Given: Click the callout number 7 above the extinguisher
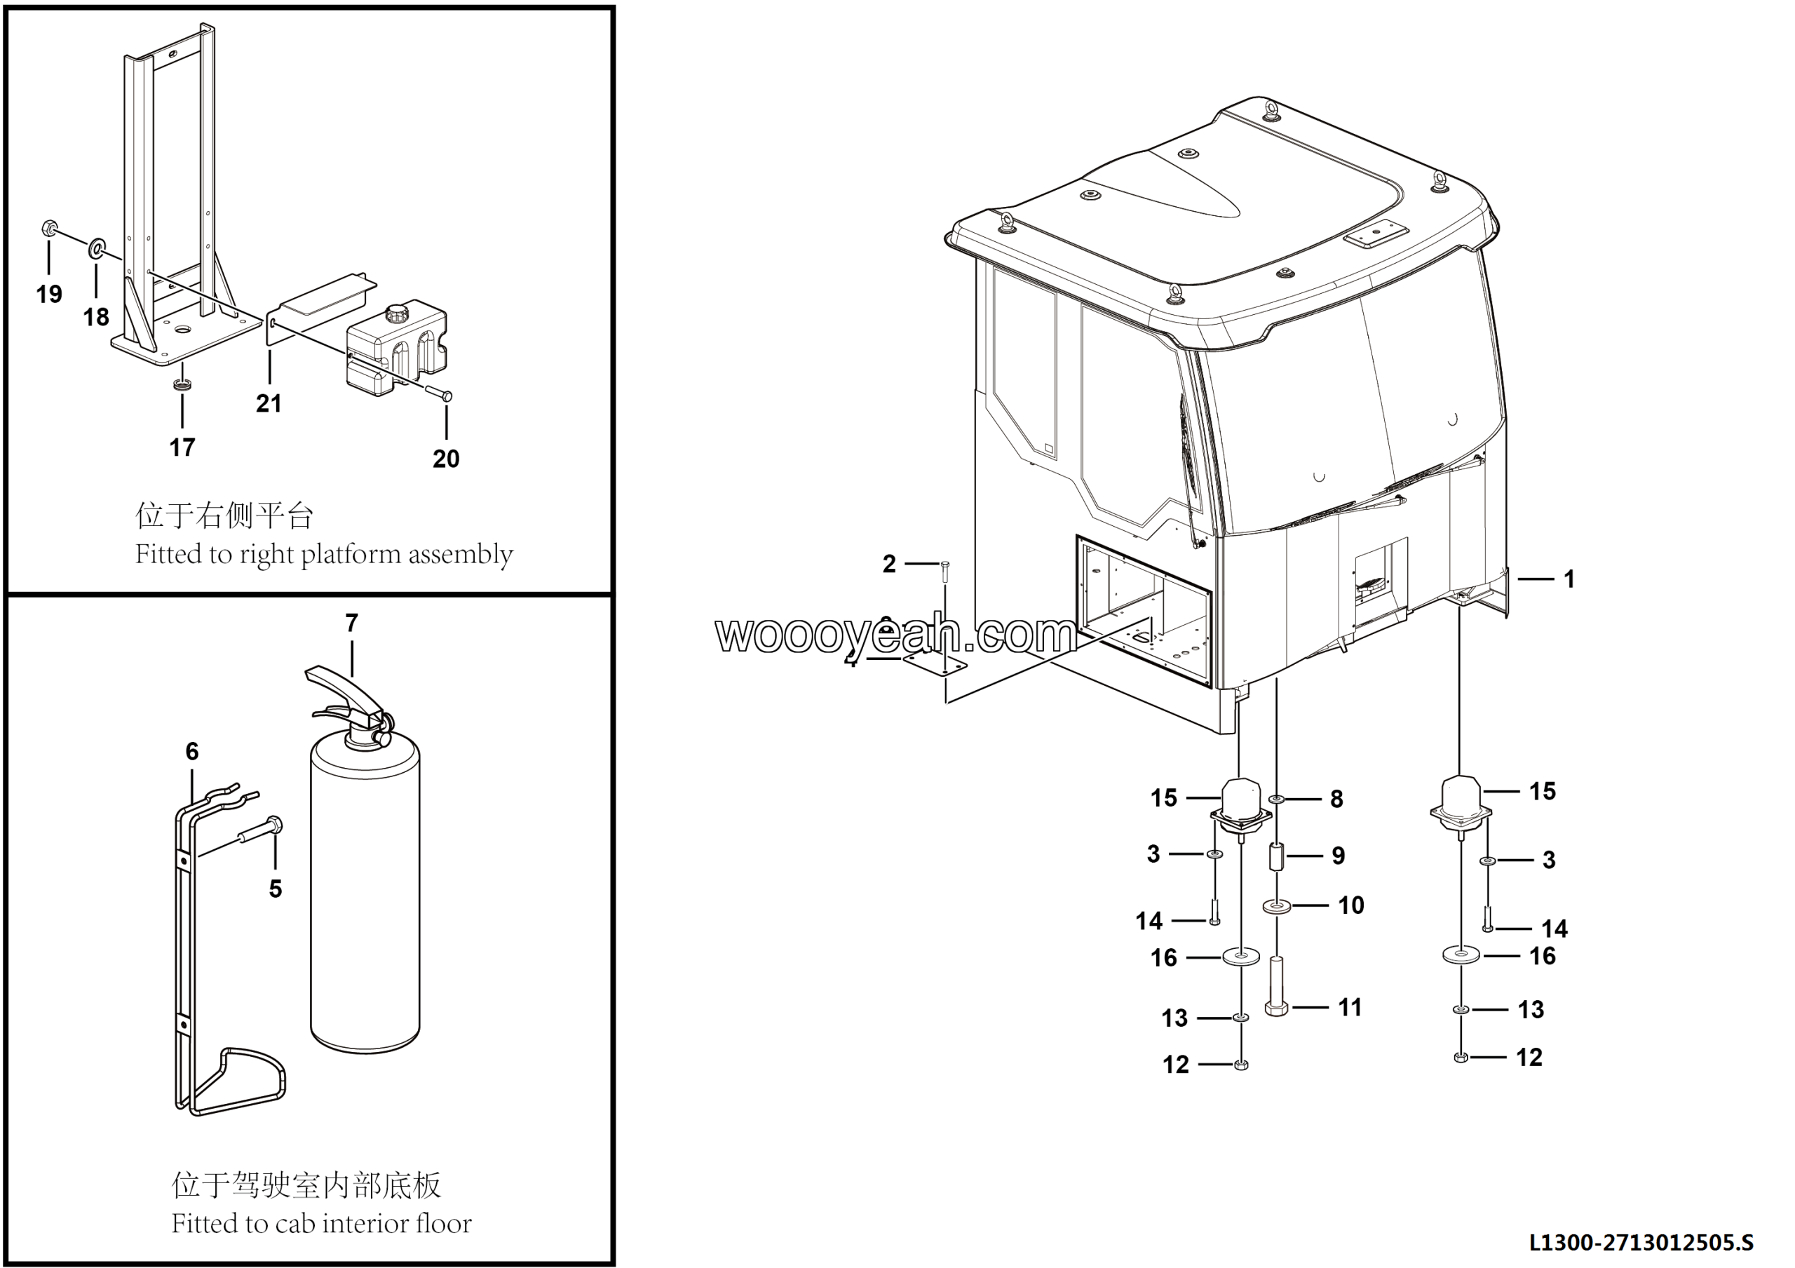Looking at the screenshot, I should [352, 623].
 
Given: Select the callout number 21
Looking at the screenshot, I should [269, 403].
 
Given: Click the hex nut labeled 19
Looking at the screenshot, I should [48, 229].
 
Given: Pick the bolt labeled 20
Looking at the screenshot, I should [438, 393].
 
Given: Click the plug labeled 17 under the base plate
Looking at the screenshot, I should [182, 384].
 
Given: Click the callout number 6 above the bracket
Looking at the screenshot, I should [192, 751].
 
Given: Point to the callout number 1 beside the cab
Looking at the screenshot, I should [1569, 579].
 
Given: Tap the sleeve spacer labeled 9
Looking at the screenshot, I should [1276, 856].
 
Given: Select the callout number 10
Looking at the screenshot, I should [1351, 905].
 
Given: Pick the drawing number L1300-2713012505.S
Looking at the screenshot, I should [1641, 1242].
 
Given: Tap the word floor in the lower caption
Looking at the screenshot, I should [444, 1223].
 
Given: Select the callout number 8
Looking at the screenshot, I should [1337, 799].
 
